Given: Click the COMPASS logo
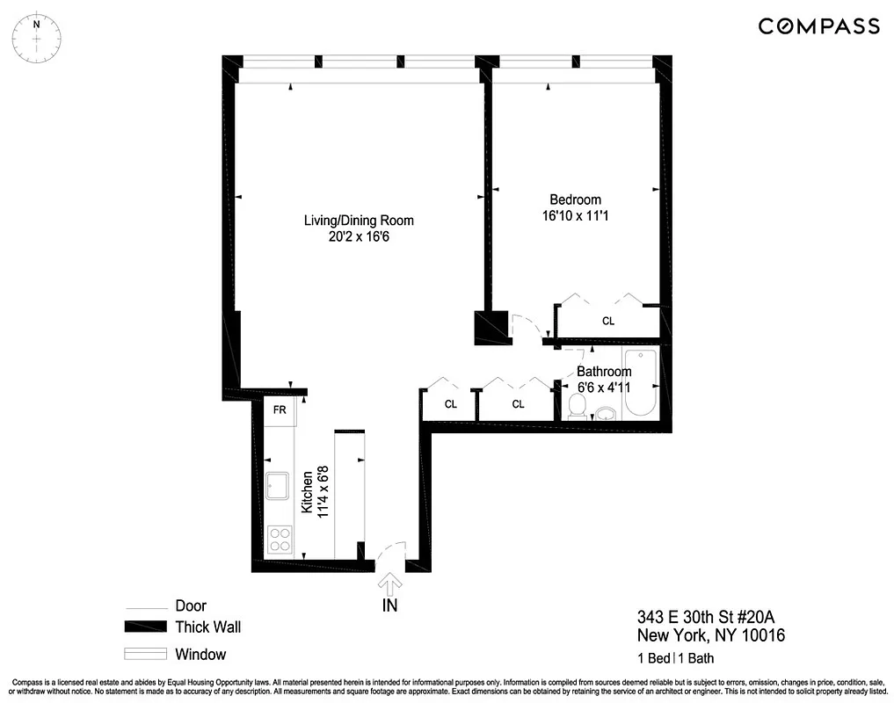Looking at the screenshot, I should click(818, 26).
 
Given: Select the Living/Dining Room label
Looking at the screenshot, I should click(359, 221).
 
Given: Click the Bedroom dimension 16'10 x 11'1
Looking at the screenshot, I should click(576, 215).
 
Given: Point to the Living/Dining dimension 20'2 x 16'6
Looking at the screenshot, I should click(359, 236).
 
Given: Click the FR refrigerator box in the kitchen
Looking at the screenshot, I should click(280, 410).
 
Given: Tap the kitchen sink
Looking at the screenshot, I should click(279, 484).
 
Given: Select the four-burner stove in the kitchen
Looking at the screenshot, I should click(280, 539).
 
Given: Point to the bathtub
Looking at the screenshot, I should click(639, 384).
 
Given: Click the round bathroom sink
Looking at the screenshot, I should click(606, 413).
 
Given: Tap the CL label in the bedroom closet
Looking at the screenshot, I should click(607, 322).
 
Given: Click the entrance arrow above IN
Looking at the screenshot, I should click(388, 583).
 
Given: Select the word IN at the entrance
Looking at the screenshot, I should click(389, 605).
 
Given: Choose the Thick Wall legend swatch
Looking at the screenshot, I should click(145, 627).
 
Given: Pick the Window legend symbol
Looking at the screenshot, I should click(145, 654).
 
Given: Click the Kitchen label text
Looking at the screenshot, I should click(308, 492).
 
